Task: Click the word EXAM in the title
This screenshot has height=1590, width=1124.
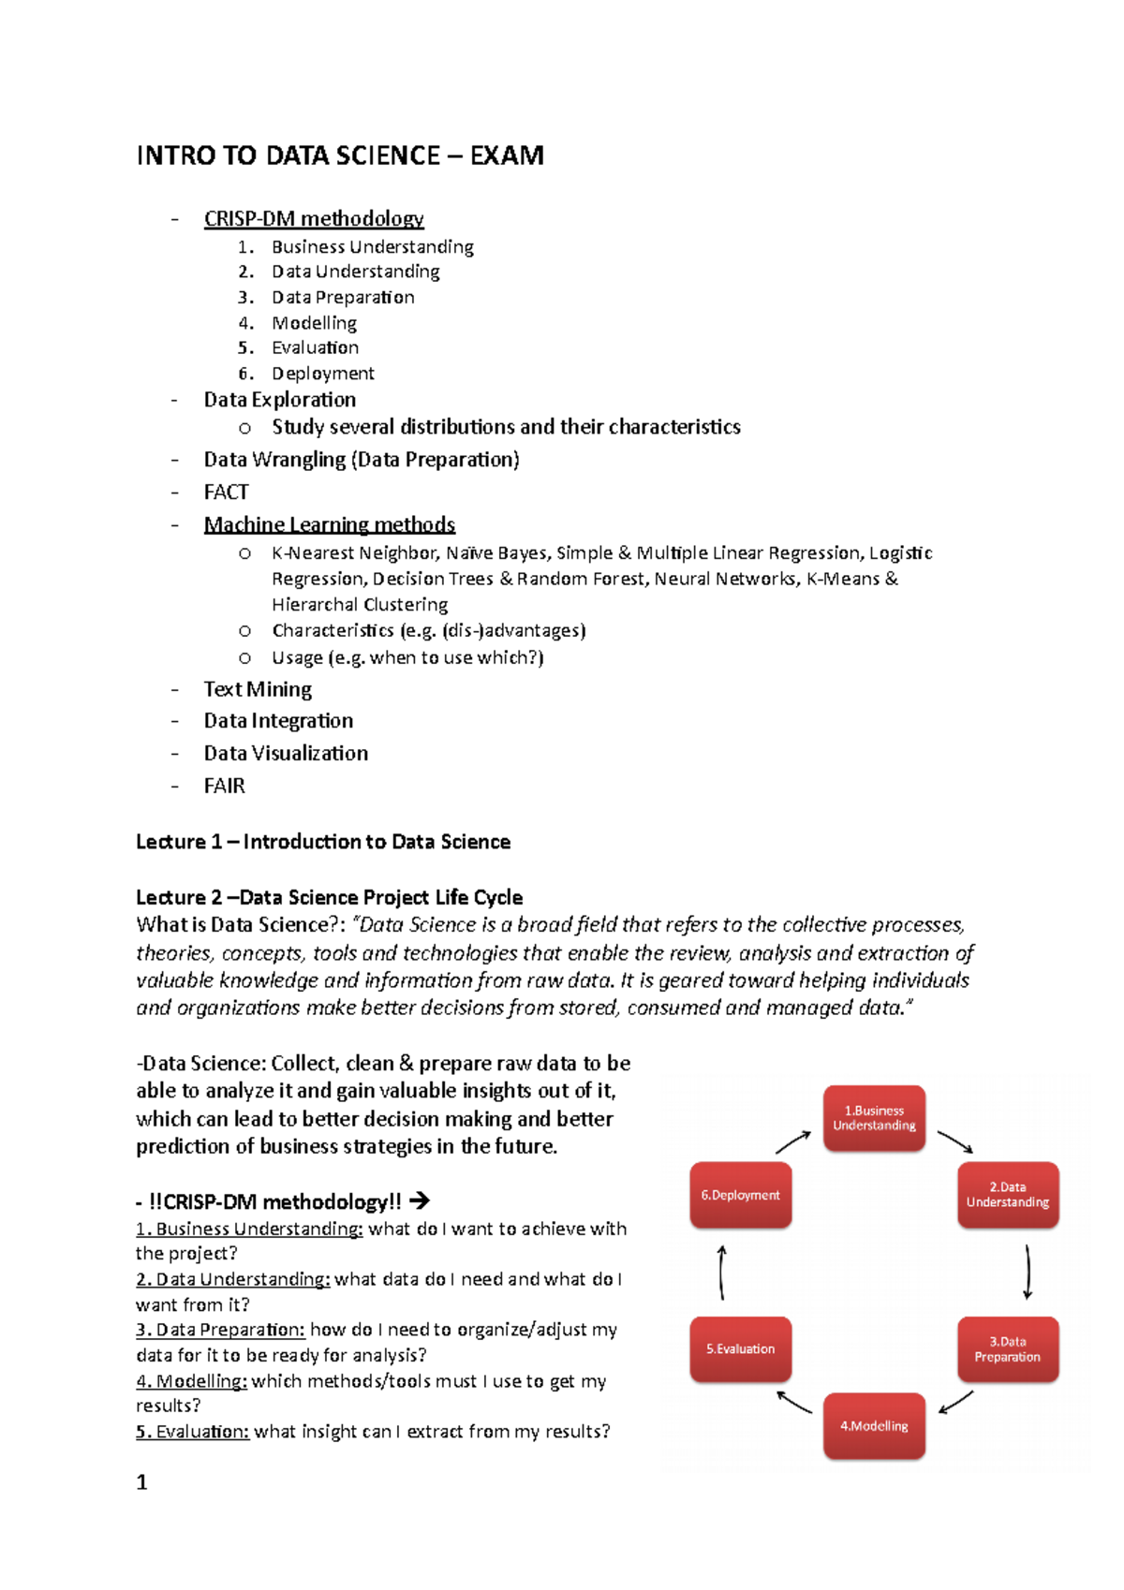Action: pos(506,155)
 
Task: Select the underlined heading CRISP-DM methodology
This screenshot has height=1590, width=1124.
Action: pos(314,219)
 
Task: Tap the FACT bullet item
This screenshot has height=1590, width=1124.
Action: pos(227,493)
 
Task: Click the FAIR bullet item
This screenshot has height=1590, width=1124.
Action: pos(225,787)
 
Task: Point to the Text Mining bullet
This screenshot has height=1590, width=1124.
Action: pos(258,690)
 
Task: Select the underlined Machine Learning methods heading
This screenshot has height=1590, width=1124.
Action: pos(330,525)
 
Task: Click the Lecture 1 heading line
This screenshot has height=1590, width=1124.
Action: pos(323,842)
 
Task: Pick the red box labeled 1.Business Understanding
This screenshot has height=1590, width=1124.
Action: pos(874,1118)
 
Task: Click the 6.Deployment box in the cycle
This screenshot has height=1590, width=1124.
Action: pos(740,1195)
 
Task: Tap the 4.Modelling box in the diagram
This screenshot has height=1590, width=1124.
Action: pos(874,1426)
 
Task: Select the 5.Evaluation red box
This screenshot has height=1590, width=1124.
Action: pos(740,1349)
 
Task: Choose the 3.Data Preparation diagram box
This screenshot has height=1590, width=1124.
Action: pos(1008,1349)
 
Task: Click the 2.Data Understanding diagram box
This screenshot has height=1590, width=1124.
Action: pos(1008,1195)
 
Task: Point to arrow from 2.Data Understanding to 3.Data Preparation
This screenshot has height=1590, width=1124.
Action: pos(1028,1272)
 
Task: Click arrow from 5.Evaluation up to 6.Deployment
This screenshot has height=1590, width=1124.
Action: pos(721,1272)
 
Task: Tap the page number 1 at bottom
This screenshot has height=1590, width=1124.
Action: pos(142,1482)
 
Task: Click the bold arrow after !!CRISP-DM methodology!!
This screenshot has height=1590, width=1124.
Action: pos(420,1200)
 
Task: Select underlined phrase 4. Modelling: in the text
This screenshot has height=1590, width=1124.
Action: pos(191,1381)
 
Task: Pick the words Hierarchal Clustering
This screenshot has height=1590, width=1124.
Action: pos(360,605)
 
